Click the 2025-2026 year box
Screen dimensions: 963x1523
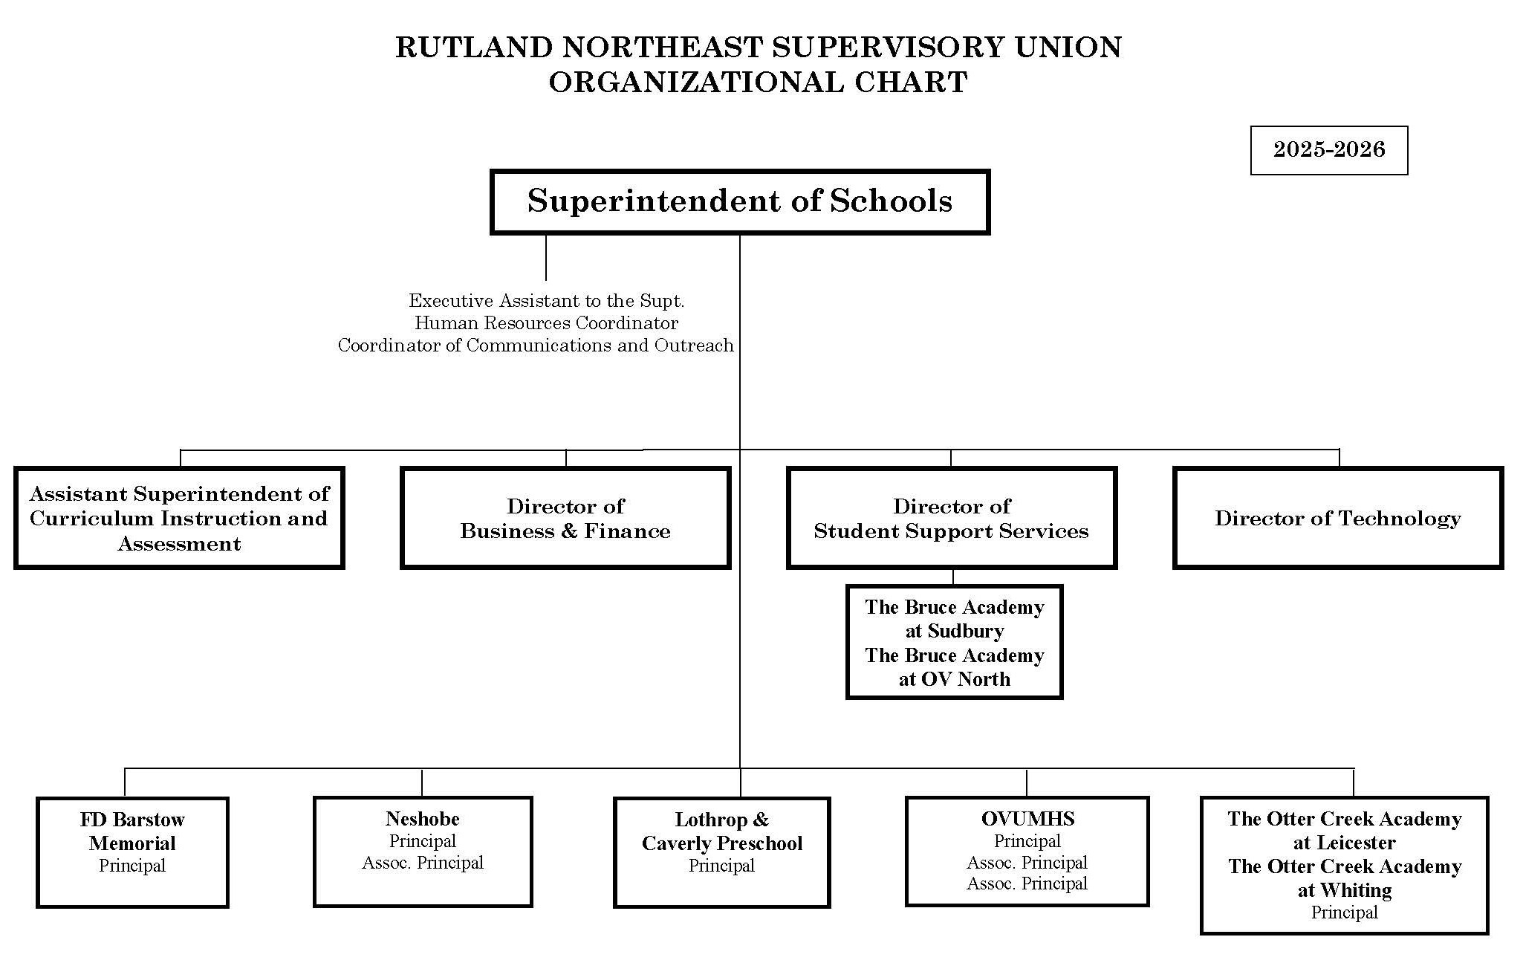1328,150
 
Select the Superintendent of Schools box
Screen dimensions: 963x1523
739,201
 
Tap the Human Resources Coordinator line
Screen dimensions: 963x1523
546,323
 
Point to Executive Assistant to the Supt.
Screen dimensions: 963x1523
546,301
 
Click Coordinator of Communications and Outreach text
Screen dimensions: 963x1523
536,346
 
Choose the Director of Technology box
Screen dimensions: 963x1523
1337,518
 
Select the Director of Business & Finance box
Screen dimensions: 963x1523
565,518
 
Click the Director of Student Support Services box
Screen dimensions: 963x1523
951,518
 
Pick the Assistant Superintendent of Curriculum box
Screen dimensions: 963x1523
179,518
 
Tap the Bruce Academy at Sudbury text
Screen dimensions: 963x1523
954,619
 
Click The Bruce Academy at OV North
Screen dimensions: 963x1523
954,667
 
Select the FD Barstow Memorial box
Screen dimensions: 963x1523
132,852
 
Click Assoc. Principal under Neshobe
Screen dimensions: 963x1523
423,863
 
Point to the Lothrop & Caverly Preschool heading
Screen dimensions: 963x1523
721,831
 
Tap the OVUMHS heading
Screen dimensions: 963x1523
1027,819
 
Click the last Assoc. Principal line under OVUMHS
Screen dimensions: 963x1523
1027,883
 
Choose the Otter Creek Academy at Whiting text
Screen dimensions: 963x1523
1345,878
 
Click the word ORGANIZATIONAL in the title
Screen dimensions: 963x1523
695,82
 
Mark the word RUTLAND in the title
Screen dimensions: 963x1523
473,48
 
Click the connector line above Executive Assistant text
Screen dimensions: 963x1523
546,258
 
